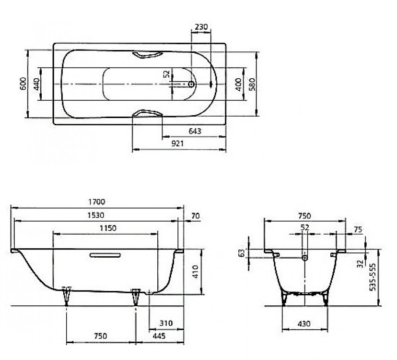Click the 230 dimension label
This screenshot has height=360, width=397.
tap(201, 26)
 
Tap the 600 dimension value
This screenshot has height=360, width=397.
tap(23, 84)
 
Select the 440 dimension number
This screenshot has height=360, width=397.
tap(36, 84)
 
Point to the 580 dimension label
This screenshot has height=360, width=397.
tap(252, 84)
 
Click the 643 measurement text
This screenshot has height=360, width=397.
tap(195, 131)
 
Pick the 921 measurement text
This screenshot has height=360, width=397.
tap(177, 144)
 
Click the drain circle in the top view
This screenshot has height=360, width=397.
tap(191, 84)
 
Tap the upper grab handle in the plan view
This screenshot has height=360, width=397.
tap(147, 55)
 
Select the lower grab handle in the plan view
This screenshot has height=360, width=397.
tap(147, 113)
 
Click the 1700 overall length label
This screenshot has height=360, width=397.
tap(96, 202)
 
